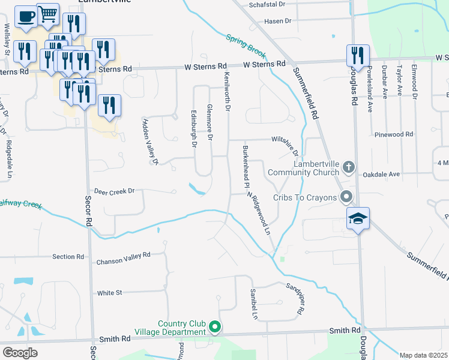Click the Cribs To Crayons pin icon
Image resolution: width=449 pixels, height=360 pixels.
click(346, 197)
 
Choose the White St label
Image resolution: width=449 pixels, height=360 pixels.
click(109, 293)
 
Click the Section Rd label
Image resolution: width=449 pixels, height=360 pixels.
click(68, 257)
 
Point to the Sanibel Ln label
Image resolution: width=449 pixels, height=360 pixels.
click(254, 304)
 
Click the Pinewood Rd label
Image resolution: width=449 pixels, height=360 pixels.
click(393, 135)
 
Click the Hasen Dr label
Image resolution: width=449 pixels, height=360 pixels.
click(277, 21)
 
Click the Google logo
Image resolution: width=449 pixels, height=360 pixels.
click(20, 353)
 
